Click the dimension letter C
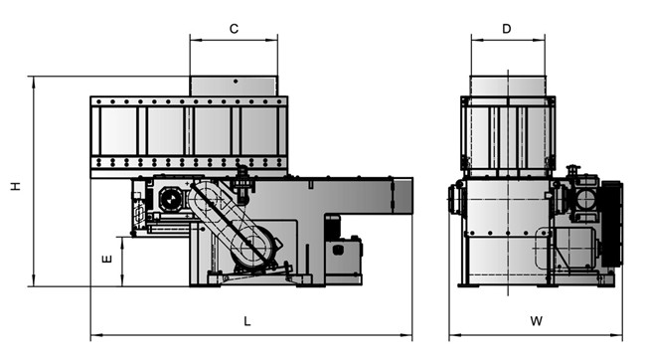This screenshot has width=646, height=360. tap(234, 29)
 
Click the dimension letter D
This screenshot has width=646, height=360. tap(507, 29)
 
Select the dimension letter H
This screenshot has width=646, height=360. tap(16, 186)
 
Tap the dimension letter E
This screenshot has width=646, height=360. tap(106, 260)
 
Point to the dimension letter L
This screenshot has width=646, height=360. tap(247, 321)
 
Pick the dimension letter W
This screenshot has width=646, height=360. tap(536, 321)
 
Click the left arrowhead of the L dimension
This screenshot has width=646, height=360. tap(96, 336)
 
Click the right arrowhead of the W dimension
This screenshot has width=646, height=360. tap(617, 336)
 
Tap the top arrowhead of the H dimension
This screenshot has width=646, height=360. tap(34, 82)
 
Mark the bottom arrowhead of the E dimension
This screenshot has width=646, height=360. tap(122, 280)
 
